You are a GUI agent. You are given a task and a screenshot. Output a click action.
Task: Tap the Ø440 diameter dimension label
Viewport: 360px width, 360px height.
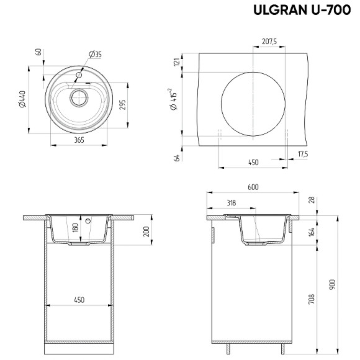pyautogui.click(x=23, y=100)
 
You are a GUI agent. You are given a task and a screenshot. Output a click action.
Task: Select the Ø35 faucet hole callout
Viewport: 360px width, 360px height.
pyautogui.click(x=95, y=55)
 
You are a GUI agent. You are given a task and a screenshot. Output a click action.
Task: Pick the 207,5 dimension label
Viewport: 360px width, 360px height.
pyautogui.click(x=268, y=42)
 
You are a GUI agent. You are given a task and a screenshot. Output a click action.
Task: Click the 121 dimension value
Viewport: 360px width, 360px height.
pyautogui.click(x=176, y=61)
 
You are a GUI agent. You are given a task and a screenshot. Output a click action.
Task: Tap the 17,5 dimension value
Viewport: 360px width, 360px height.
pyautogui.click(x=303, y=153)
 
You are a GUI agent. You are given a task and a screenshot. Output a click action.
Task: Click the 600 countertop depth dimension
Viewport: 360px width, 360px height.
pyautogui.click(x=253, y=187)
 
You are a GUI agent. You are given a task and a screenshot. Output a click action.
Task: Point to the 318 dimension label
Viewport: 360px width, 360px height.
pyautogui.click(x=231, y=202)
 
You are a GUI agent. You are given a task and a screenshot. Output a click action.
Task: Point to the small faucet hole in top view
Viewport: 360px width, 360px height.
pyautogui.click(x=79, y=75)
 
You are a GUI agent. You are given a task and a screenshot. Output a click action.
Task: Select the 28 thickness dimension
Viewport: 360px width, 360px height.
pyautogui.click(x=312, y=200)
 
